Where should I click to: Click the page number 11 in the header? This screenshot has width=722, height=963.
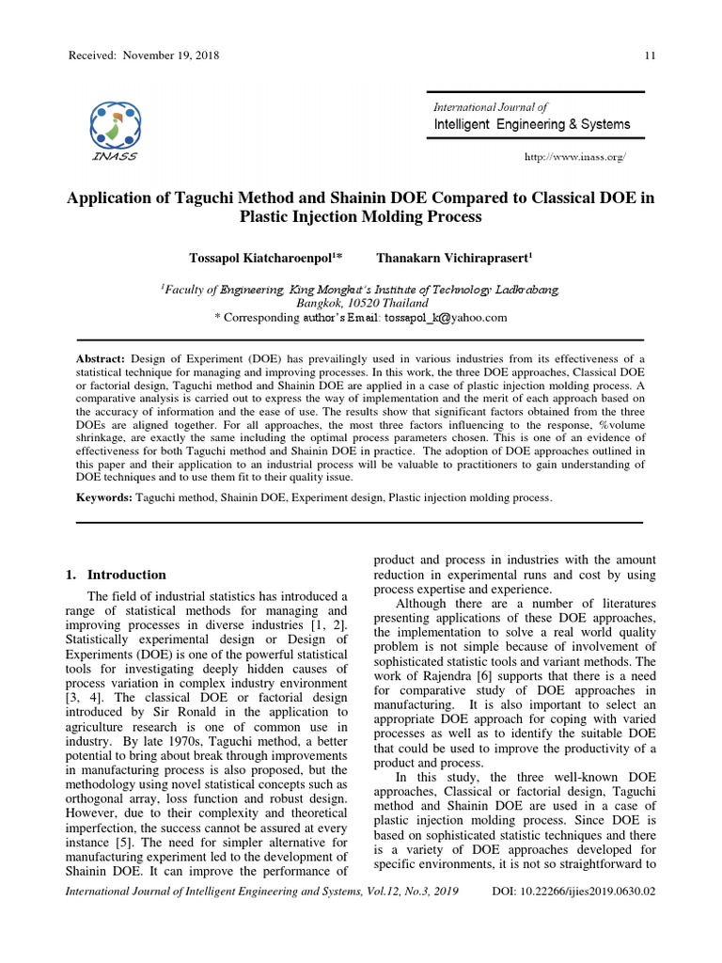click(649, 55)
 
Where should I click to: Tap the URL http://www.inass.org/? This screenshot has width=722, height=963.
click(573, 157)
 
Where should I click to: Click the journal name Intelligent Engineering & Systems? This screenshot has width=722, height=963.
click(531, 124)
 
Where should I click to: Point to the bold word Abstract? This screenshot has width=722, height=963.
click(101, 360)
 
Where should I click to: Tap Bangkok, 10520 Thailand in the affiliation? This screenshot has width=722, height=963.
click(361, 303)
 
